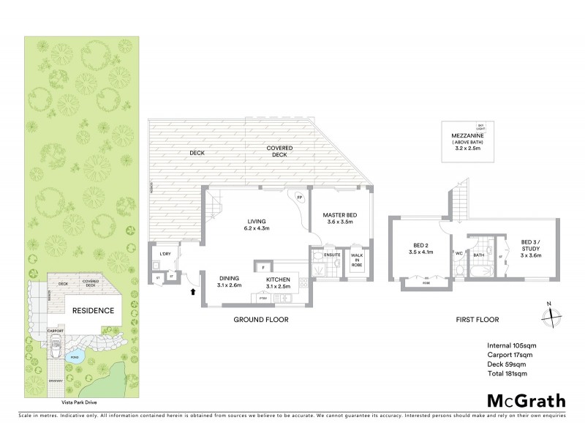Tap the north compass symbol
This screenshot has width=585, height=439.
click(x=551, y=315)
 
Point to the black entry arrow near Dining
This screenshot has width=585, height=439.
click(x=193, y=291)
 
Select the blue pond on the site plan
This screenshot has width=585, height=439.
click(x=75, y=358)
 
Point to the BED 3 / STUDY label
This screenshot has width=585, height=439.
click(x=531, y=248)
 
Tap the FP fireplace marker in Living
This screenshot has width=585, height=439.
click(x=298, y=197)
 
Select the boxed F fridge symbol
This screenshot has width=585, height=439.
click(x=260, y=266)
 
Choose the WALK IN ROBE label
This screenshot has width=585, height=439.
click(x=356, y=260)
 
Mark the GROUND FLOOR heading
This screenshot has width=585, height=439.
click(x=261, y=320)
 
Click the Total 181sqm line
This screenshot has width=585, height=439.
click(x=507, y=374)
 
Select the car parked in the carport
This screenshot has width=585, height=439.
click(x=55, y=347)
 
